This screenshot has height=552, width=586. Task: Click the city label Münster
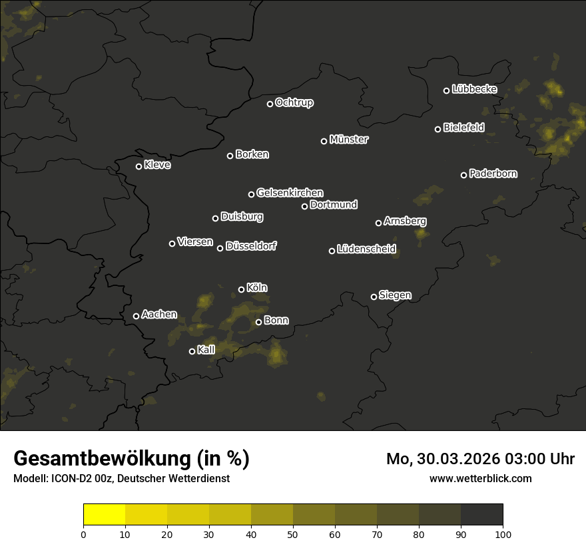[349, 140]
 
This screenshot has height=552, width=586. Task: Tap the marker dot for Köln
[241, 289]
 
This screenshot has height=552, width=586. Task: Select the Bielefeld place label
[464, 128]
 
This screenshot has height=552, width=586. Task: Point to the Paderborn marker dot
[463, 175]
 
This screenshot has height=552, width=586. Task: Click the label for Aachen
[159, 315]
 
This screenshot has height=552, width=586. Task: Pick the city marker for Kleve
[139, 166]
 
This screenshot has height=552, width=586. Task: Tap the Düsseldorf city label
[251, 246]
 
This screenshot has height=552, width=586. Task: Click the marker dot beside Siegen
[374, 297]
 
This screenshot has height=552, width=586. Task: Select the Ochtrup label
[294, 102]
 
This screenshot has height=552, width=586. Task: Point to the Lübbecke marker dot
[446, 90]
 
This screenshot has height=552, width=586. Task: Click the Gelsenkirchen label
[290, 193]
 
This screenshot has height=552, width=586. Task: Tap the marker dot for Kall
[192, 351]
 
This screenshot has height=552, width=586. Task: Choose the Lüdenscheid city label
[366, 249]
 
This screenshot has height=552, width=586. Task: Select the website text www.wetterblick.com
[480, 478]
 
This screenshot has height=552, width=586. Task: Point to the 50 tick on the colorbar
[293, 533]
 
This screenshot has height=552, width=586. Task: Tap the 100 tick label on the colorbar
[503, 533]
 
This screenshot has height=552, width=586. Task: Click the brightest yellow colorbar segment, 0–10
[104, 515]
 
